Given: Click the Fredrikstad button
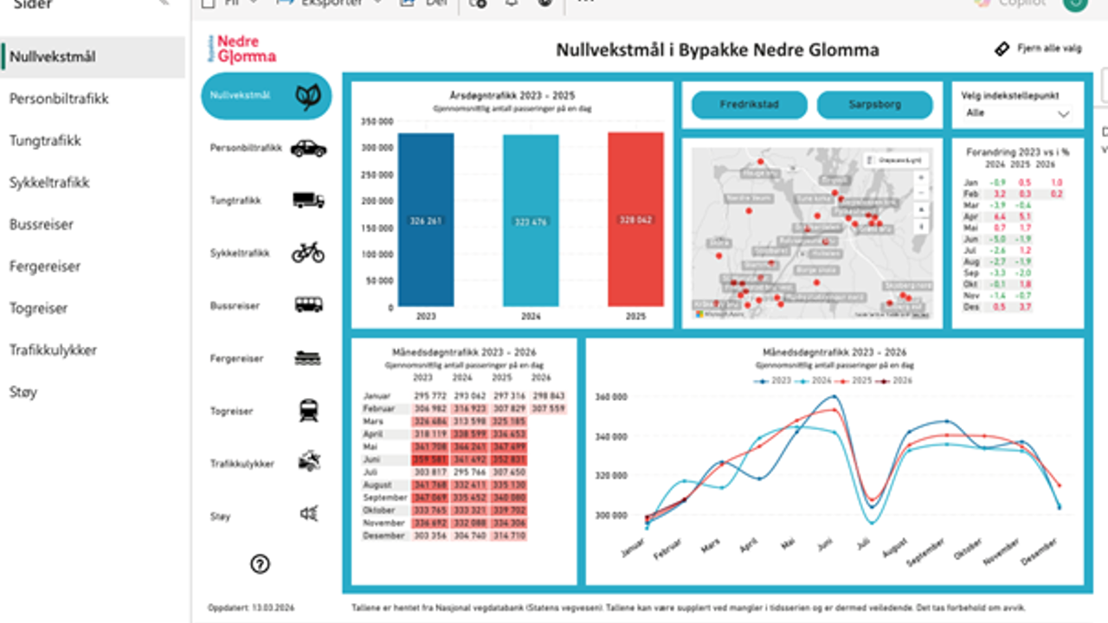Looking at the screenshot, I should click(749, 105).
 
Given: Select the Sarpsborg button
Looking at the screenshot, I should click(874, 105).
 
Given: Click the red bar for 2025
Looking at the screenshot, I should click(635, 220).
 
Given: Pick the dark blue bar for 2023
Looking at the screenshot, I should click(426, 220).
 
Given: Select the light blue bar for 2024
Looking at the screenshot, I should click(531, 221).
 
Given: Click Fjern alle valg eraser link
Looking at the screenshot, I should click(1038, 49).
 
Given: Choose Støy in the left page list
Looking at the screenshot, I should click(23, 392).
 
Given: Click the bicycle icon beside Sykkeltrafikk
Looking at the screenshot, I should click(307, 253).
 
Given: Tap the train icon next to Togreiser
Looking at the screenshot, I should click(308, 410).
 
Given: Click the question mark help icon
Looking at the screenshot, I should click(260, 564).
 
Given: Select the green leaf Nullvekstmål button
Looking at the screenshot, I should click(266, 95).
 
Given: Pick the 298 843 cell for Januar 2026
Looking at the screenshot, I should click(540, 395).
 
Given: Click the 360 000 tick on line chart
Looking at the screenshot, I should click(612, 396).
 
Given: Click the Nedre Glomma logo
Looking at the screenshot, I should click(242, 49).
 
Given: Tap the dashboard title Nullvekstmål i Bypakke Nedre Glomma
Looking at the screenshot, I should click(717, 50).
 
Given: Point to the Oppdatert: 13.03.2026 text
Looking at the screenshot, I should click(251, 607).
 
